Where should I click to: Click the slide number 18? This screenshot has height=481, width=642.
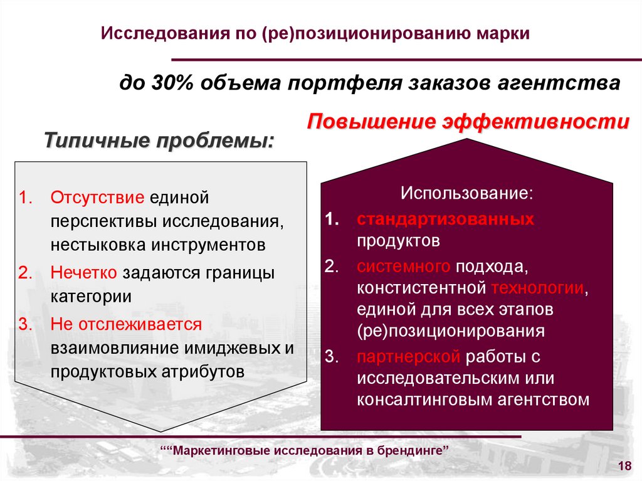point(624,465)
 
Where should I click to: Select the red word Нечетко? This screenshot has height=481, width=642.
point(84,273)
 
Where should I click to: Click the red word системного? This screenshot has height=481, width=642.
point(403,266)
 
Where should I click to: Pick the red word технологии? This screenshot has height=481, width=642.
point(537,288)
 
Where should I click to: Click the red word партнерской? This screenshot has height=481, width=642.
point(408,357)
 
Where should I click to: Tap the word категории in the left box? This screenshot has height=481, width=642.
point(92,296)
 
